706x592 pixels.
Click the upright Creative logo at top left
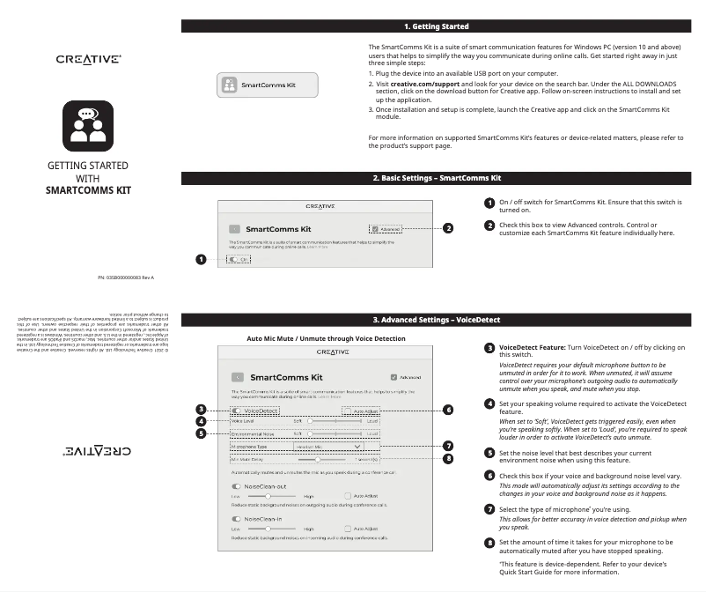88,59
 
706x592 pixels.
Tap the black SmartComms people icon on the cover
88,126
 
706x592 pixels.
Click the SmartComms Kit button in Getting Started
268,85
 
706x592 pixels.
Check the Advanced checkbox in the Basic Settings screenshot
375,228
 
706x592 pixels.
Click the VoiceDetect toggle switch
237,411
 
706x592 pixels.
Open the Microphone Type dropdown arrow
346,447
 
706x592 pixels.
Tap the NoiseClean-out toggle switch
236,485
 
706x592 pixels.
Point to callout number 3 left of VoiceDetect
201,410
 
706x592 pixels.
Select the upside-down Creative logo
88,449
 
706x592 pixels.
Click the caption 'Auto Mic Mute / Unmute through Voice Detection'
327,338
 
